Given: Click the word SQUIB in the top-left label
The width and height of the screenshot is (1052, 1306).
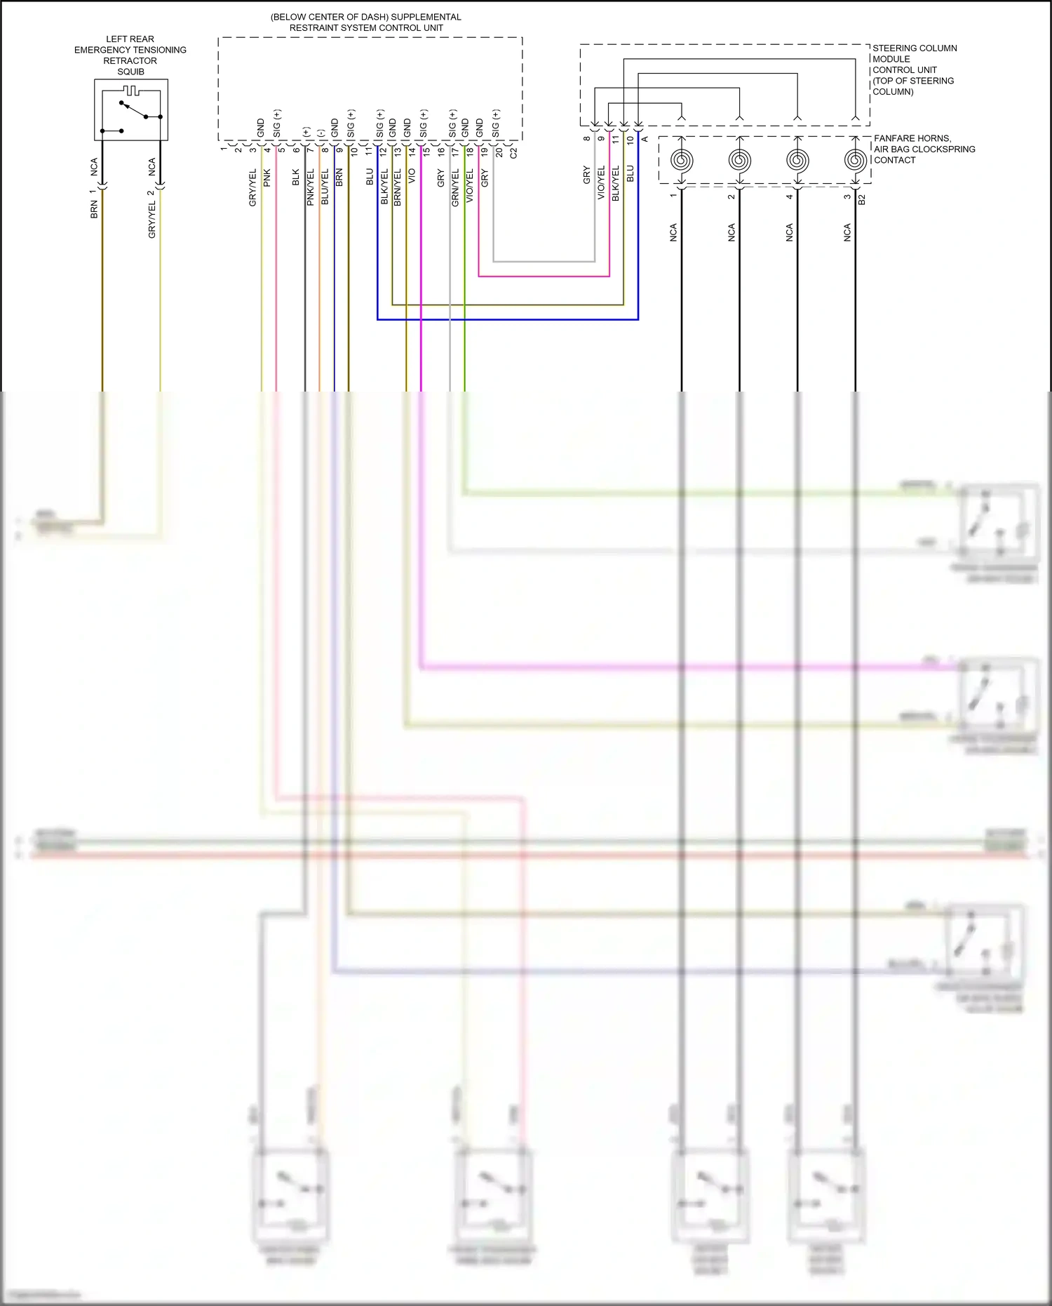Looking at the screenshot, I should point(130,72).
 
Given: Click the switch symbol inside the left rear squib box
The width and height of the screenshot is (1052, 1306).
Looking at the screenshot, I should point(133,110).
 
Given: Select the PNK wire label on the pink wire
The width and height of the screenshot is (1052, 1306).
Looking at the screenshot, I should point(267,178).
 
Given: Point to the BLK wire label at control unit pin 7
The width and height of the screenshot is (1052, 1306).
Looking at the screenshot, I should point(296,177).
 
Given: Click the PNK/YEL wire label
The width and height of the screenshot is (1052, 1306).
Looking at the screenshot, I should point(310,187).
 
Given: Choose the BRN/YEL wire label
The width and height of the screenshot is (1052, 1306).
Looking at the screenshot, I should point(397,187).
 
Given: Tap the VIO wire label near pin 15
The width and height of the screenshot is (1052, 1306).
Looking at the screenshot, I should point(412,175).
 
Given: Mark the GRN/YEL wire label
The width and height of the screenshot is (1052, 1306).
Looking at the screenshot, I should point(455,187).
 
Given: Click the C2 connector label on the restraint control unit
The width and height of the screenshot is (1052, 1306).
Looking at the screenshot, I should point(513,152).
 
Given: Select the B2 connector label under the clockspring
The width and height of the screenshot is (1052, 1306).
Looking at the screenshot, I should point(862,199).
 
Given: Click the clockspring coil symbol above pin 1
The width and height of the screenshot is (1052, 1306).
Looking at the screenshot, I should point(682,161).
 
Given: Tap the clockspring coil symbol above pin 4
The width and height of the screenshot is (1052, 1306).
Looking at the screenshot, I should point(797,161).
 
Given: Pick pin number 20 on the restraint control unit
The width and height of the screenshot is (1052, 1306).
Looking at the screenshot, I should point(499,152).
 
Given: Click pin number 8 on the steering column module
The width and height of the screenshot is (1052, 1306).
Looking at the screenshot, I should point(587,138).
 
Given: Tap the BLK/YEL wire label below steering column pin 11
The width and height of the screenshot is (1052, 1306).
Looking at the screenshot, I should point(616,184).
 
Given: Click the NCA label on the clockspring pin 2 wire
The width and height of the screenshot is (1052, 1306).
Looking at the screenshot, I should point(731,233).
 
